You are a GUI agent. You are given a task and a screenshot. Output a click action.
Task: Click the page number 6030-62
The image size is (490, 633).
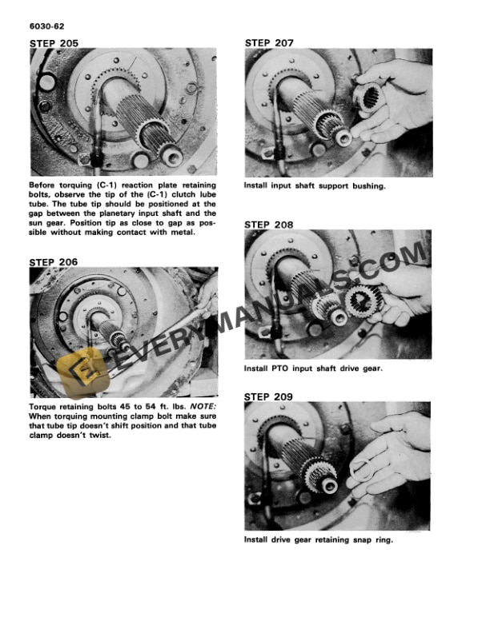click(x=46, y=27)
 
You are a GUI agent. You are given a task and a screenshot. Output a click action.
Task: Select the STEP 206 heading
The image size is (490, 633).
click(x=54, y=261)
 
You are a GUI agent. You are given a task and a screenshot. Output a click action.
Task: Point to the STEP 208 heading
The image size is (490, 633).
click(x=269, y=225)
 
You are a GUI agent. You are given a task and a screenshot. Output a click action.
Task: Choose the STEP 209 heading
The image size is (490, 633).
click(x=269, y=396)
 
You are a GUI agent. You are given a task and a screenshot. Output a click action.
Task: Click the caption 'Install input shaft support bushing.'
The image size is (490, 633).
click(x=315, y=186)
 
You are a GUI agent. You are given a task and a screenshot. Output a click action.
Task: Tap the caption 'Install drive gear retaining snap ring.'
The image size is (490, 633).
click(x=319, y=539)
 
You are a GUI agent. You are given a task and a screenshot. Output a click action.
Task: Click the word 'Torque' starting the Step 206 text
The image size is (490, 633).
click(x=44, y=406)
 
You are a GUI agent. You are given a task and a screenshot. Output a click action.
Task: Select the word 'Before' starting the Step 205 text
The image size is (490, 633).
click(x=45, y=185)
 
